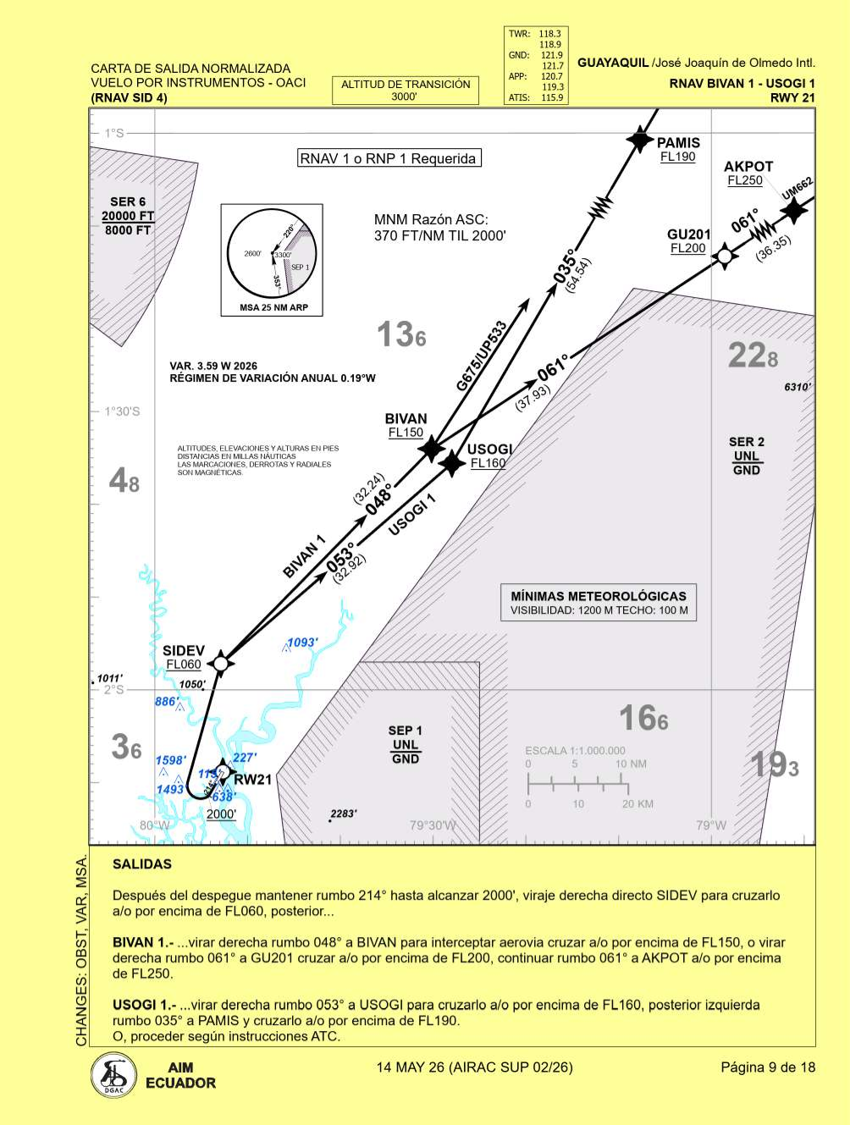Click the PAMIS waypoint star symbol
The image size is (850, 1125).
(x=639, y=140)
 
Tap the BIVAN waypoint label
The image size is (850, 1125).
(x=406, y=419)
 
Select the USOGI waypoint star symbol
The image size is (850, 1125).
(x=453, y=462)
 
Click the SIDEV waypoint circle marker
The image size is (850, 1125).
(x=220, y=663)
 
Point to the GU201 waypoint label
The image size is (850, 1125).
(x=688, y=234)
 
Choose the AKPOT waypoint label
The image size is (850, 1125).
(x=748, y=167)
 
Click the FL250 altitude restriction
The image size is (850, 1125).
(x=745, y=180)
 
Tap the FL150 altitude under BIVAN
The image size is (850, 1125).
(x=406, y=433)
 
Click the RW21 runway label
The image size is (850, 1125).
(x=252, y=780)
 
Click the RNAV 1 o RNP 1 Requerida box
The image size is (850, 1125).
(x=389, y=158)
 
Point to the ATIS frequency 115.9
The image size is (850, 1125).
(x=552, y=97)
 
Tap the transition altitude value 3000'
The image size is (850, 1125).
(x=405, y=97)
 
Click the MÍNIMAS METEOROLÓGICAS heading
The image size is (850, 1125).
(x=599, y=596)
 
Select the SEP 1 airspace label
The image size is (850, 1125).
(x=405, y=731)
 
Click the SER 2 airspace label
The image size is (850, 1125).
(x=746, y=442)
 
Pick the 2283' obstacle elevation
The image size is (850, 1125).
(x=343, y=813)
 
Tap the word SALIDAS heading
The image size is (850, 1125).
(x=142, y=864)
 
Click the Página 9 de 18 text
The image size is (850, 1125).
(x=768, y=1067)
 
